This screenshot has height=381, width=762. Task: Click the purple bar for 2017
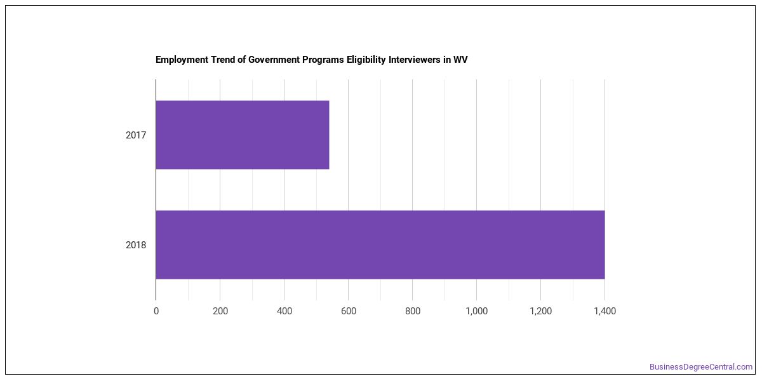[x=243, y=135]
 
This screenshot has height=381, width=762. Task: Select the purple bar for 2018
[x=380, y=244]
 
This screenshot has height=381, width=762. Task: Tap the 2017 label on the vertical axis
[x=136, y=135]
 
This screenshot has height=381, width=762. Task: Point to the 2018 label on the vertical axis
[x=136, y=245]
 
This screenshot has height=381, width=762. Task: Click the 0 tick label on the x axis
[x=156, y=311]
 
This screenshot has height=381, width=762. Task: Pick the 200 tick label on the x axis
[x=220, y=311]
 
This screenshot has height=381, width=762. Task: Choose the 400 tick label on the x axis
[x=284, y=311]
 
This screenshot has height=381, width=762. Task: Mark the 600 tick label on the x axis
[x=349, y=311]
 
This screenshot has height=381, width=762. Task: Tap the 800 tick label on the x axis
[x=413, y=311]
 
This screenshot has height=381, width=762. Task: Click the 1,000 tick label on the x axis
[x=477, y=311]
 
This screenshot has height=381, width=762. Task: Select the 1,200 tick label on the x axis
[x=541, y=311]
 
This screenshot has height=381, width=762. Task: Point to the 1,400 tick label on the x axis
[x=605, y=311]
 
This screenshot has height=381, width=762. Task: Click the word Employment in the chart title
[x=182, y=60]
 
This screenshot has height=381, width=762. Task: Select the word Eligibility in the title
[x=366, y=60]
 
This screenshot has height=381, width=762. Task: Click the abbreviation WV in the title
[x=460, y=60]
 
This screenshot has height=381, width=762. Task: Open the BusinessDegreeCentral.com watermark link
[x=701, y=367]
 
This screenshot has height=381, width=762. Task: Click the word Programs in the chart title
[x=323, y=60]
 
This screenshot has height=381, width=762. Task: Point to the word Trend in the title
[x=222, y=60]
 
